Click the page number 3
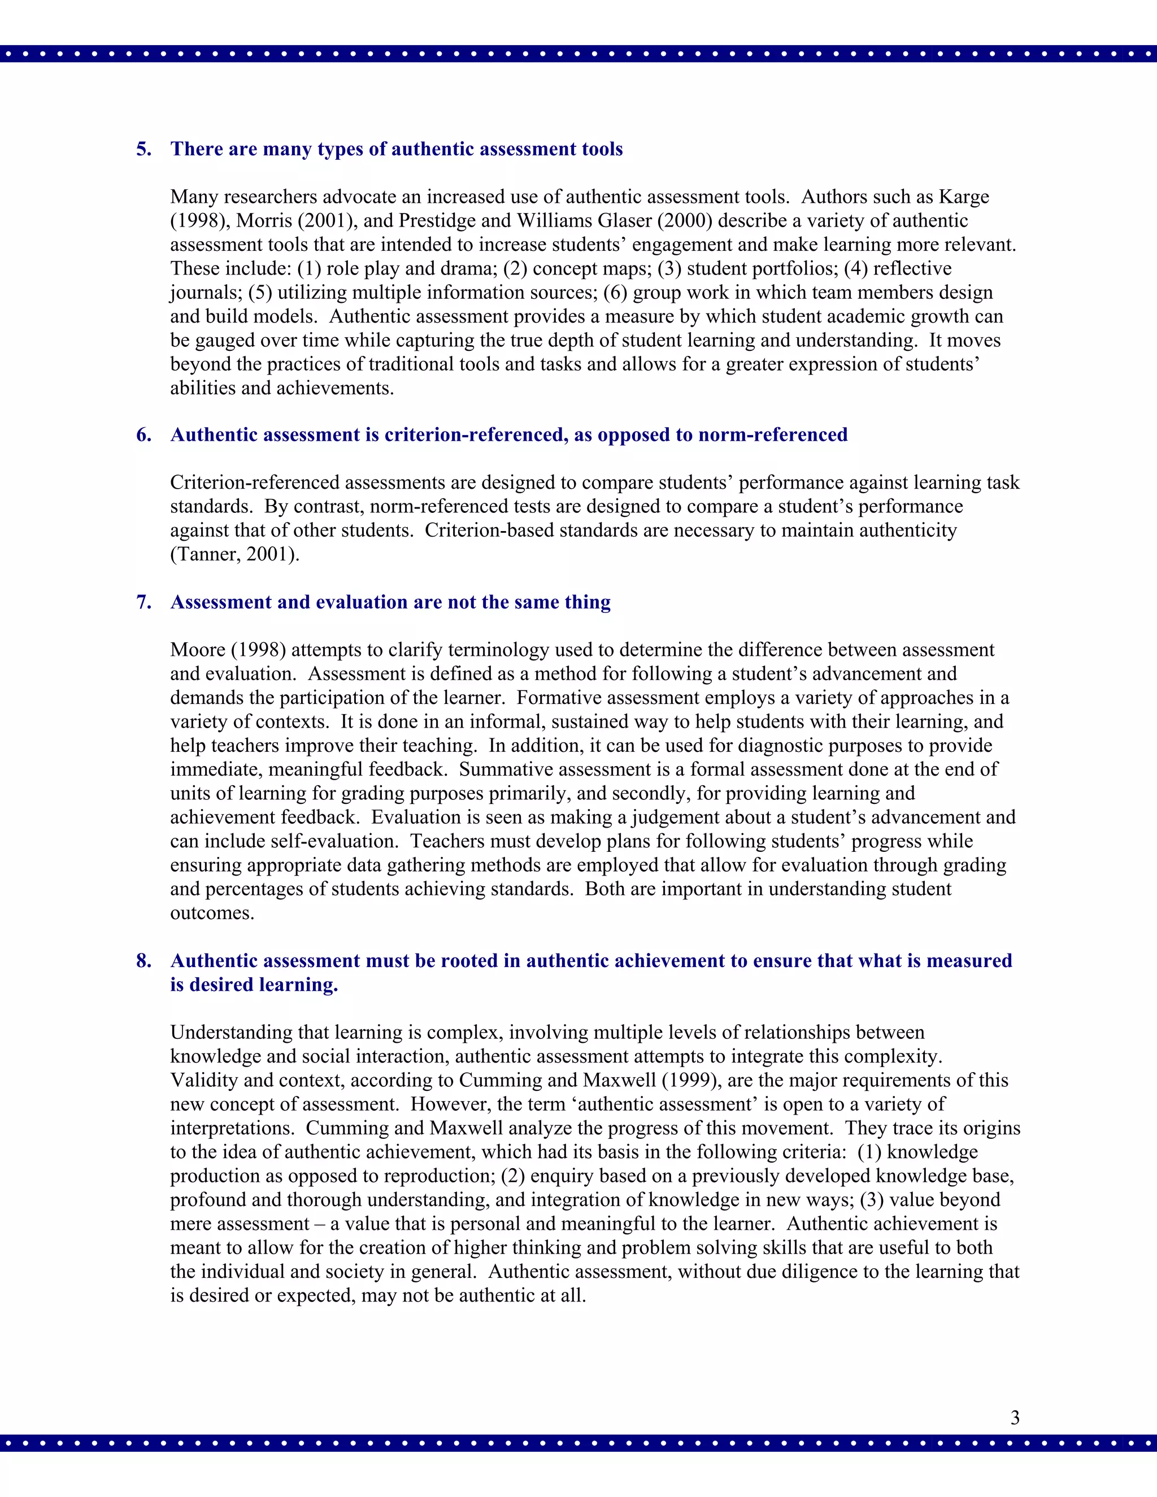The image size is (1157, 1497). [x=1015, y=1417]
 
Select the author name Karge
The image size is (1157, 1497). [x=964, y=197]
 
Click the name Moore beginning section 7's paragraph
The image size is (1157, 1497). [x=197, y=650]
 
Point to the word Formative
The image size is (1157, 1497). [x=559, y=698]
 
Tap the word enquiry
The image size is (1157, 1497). [x=566, y=1176]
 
